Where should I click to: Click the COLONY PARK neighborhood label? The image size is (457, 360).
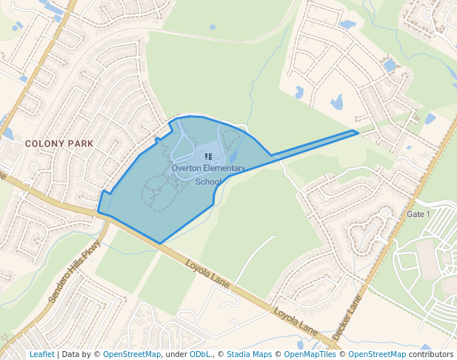coord(59,143)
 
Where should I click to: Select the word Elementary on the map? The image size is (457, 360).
coord(224,168)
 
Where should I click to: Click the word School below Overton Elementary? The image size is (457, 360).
coord(208,181)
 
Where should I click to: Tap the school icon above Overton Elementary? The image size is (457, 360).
coord(208,156)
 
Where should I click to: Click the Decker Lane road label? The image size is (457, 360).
coord(346,318)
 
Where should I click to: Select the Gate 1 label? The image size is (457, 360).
coord(418,214)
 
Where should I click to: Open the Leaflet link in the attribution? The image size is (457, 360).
coord(41,354)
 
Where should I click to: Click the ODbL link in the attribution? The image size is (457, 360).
coord(200,354)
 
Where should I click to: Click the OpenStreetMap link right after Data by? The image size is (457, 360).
coord(131,354)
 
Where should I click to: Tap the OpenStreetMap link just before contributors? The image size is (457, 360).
coord(377,354)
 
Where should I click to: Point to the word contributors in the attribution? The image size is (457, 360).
coord(431,354)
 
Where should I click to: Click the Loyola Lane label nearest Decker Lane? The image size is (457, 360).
coord(296,320)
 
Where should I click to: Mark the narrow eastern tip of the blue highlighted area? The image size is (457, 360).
coord(356,133)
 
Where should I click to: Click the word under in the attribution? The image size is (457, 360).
coord(176,354)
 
